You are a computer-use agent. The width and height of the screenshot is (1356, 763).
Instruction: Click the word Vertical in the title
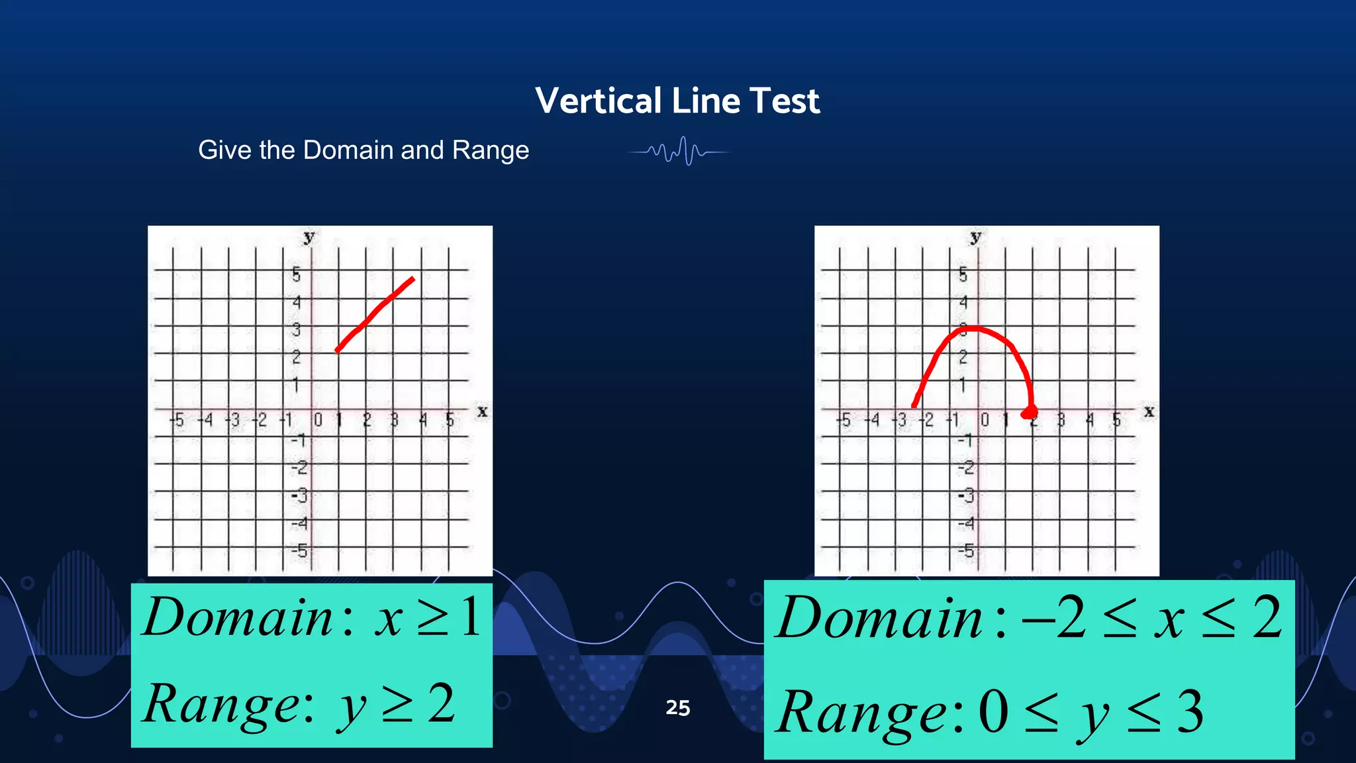599,101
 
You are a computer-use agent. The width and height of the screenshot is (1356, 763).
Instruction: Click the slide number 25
677,707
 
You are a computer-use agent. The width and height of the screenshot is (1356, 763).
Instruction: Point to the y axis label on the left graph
309,236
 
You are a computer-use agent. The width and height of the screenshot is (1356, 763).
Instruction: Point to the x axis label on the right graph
1149,411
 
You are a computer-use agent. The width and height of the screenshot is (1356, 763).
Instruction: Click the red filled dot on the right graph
1030,413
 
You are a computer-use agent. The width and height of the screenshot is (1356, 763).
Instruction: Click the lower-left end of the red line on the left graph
338,350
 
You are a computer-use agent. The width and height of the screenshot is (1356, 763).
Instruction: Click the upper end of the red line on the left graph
412,280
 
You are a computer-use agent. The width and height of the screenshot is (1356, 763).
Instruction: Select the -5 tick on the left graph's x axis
177,420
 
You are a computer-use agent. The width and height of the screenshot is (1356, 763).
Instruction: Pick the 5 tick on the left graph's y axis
296,274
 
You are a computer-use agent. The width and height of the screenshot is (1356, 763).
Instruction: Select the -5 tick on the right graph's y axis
966,550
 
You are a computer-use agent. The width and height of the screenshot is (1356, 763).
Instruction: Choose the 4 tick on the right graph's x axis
1090,420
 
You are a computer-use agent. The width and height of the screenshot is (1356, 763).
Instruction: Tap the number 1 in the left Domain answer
471,617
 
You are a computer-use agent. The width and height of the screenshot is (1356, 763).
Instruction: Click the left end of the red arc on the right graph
914,405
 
